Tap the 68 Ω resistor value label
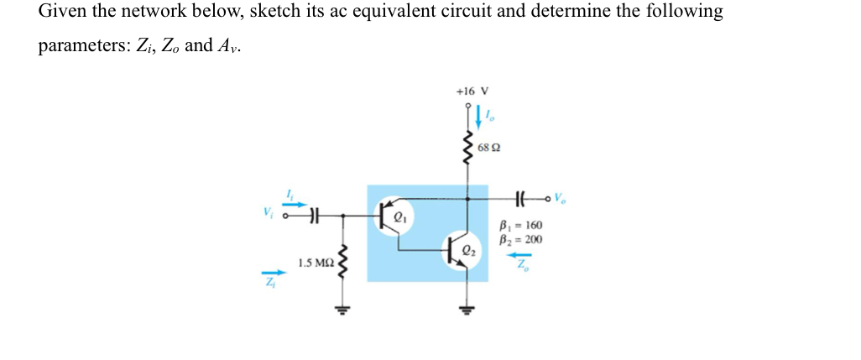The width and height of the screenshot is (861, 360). click(488, 148)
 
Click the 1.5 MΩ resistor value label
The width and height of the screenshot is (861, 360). click(315, 263)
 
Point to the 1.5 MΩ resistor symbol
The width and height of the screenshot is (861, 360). click(342, 264)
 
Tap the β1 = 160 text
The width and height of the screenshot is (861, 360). click(520, 226)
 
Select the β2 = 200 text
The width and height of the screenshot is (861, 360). click(520, 239)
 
